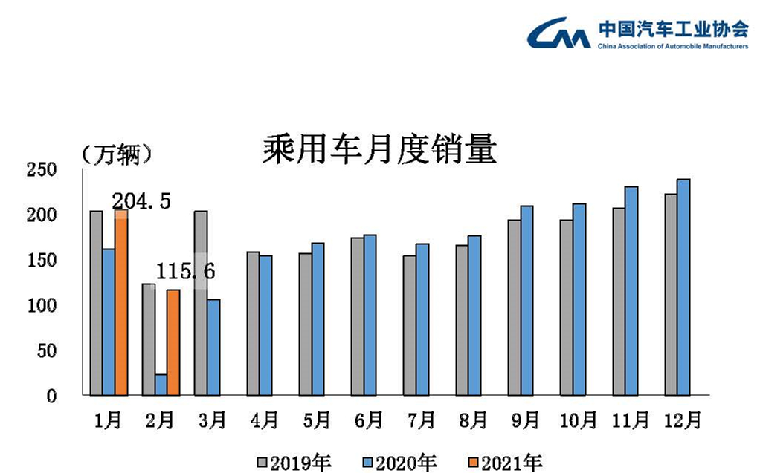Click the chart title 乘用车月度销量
coord(379,151)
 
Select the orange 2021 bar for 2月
coord(173,342)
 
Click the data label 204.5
coord(142,200)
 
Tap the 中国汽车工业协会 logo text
coord(673,29)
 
